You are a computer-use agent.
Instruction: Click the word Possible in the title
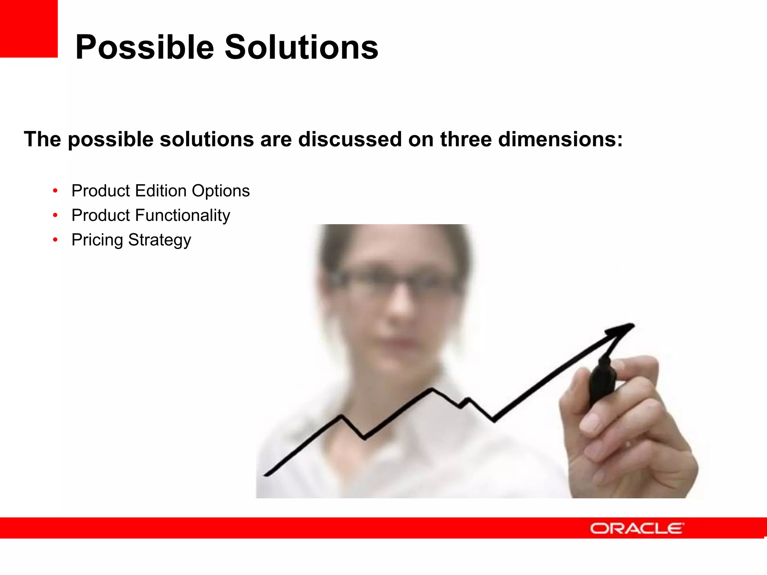tap(145, 48)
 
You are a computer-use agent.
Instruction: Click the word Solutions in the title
tap(301, 48)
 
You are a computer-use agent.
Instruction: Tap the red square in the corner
tap(28, 28)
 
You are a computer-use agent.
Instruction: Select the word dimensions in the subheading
tap(560, 139)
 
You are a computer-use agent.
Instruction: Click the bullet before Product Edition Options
tap(55, 191)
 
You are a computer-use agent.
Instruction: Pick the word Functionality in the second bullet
tap(182, 215)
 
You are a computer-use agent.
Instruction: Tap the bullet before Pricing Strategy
tap(55, 240)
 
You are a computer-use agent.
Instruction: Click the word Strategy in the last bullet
tap(160, 240)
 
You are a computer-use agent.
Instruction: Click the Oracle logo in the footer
tap(637, 528)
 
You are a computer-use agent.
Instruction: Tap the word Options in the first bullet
tap(221, 191)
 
